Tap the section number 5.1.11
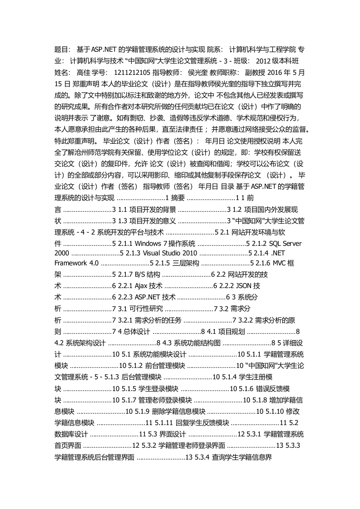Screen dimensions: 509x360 (x=161, y=423)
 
